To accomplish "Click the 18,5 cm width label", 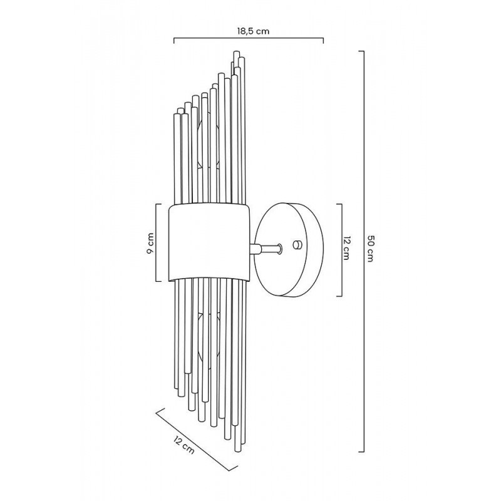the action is tap(253, 31).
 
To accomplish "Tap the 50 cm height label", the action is tap(370, 248).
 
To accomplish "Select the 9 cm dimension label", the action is tap(150, 243).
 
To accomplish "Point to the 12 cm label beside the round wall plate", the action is tap(346, 248).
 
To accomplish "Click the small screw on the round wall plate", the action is tap(297, 245).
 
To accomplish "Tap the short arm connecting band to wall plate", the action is tap(266, 248).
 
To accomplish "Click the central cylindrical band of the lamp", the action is tap(209, 243).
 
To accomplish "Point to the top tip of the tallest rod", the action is tap(237, 51).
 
